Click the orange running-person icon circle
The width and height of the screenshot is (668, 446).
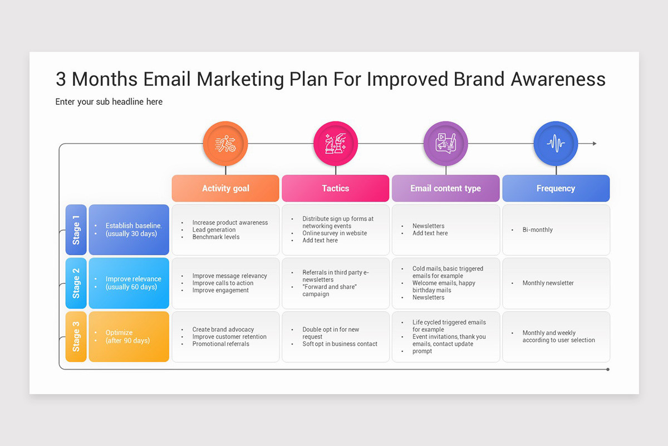(225, 144)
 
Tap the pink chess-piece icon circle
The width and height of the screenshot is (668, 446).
(336, 144)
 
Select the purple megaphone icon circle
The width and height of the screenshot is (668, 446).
(445, 144)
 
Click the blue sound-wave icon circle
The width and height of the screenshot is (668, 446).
(556, 144)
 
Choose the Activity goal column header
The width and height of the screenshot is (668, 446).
(225, 188)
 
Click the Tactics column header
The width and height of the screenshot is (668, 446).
(336, 188)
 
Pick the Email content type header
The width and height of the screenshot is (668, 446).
(445, 188)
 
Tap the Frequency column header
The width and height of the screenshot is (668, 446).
(556, 188)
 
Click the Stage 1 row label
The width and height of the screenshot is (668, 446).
(76, 230)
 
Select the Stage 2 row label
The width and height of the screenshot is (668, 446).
(76, 283)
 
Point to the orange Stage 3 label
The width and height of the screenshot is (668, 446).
(76, 337)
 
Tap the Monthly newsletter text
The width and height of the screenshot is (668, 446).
(548, 283)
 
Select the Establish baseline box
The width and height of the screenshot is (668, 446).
(129, 230)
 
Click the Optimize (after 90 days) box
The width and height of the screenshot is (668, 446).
(129, 337)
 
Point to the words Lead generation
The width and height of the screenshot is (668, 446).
(214, 230)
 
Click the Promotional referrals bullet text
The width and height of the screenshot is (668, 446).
(220, 344)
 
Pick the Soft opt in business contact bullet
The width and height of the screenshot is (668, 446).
(340, 344)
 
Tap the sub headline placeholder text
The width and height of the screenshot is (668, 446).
(109, 101)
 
